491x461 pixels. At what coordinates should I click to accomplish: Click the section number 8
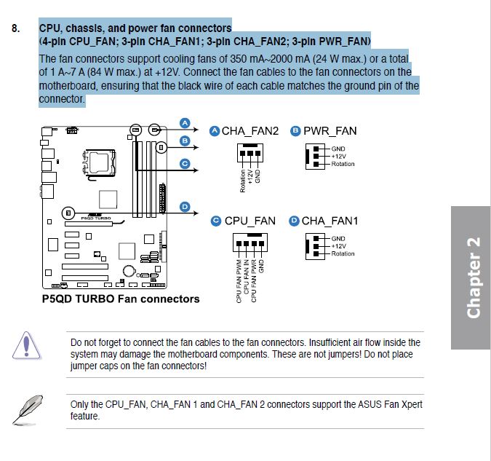pos(15,29)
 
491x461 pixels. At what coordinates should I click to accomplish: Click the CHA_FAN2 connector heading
pos(250,131)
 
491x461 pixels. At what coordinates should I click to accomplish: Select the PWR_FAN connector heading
pos(330,131)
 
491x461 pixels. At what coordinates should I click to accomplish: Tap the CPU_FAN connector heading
pos(250,221)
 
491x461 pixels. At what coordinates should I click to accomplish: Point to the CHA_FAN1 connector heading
pos(330,221)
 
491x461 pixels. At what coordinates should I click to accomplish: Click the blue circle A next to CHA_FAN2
pos(214,131)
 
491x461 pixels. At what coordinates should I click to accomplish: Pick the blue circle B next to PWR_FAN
pos(295,131)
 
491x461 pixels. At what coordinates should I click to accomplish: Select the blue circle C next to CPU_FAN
pos(216,221)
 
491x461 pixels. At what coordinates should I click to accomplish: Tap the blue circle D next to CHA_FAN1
pos(294,221)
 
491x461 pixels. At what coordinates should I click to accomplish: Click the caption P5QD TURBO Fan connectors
pos(121,299)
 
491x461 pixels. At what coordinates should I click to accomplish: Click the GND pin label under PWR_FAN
pos(338,149)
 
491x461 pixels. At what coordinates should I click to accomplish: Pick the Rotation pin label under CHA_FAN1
pos(343,253)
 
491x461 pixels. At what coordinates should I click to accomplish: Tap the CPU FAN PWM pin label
pos(239,280)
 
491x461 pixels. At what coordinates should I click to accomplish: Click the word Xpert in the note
pos(410,404)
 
